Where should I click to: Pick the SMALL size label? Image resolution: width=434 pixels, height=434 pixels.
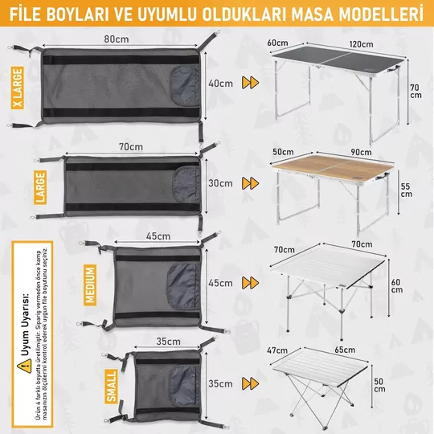112,385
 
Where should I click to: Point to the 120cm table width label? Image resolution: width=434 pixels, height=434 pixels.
338,43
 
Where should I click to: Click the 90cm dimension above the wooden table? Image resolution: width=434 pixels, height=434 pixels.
337,150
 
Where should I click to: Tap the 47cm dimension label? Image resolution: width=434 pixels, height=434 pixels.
277,350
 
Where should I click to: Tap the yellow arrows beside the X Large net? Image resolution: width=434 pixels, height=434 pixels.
252,83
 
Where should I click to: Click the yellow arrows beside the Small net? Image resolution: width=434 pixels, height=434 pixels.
252,383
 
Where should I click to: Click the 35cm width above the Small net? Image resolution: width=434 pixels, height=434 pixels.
168,341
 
